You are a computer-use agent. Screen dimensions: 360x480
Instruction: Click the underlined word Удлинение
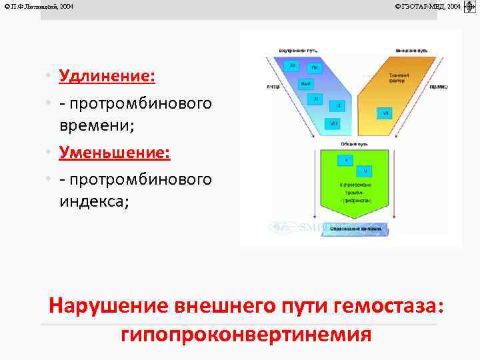pyautogui.click(x=107, y=75)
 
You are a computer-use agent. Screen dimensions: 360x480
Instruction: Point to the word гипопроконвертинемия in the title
pyautogui.click(x=246, y=333)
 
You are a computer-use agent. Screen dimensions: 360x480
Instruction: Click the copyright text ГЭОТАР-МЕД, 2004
pyautogui.click(x=427, y=6)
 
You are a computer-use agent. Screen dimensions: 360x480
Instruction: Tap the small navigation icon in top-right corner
pyautogui.click(x=469, y=6)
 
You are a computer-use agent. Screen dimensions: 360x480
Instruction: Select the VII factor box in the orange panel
pyautogui.click(x=385, y=113)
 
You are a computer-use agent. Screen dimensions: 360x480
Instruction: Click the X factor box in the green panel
pyautogui.click(x=346, y=160)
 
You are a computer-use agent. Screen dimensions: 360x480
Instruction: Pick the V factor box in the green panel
pyautogui.click(x=365, y=171)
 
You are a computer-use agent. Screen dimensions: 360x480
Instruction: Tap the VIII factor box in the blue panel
pyautogui.click(x=333, y=123)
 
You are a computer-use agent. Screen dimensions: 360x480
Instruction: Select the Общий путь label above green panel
pyautogui.click(x=345, y=143)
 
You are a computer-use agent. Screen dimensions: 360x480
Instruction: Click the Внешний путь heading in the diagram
pyautogui.click(x=411, y=51)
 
